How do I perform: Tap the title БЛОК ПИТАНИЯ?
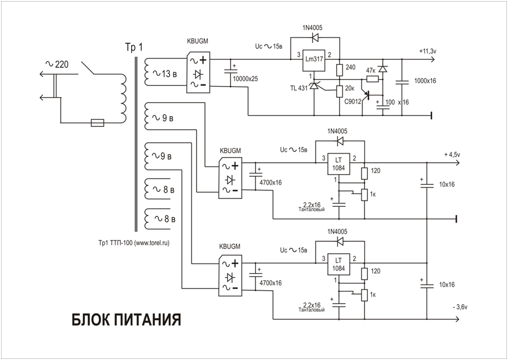[126, 319]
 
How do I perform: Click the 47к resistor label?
[371, 70]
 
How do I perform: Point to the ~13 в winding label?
[165, 74]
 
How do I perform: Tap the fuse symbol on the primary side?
[98, 123]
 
